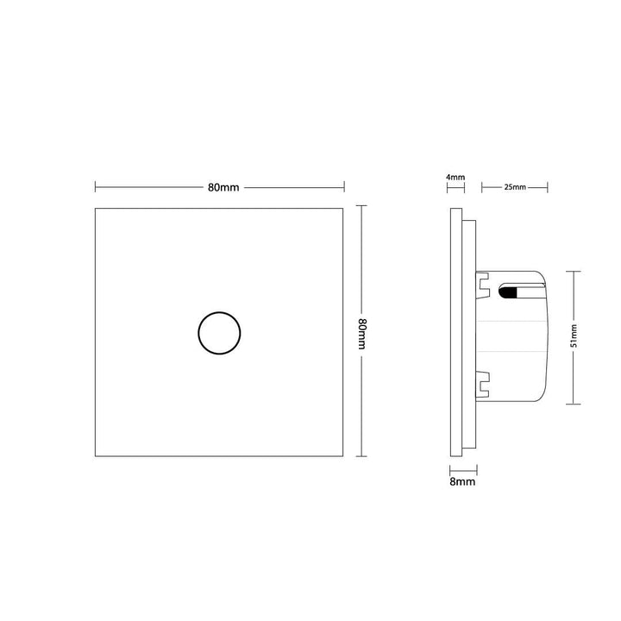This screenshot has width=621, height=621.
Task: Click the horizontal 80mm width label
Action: (223, 187)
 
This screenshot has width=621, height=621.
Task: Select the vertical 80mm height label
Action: (361, 334)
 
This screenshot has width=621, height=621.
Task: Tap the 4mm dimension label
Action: (455, 177)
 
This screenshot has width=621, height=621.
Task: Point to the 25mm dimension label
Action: (515, 187)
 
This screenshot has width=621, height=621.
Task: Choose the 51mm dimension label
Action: (574, 336)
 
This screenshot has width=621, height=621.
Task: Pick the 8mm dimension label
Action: (462, 481)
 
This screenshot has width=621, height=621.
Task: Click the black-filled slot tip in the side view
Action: (508, 292)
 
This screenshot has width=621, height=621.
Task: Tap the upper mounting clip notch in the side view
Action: (483, 285)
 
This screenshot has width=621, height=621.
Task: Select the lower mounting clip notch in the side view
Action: (483, 384)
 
